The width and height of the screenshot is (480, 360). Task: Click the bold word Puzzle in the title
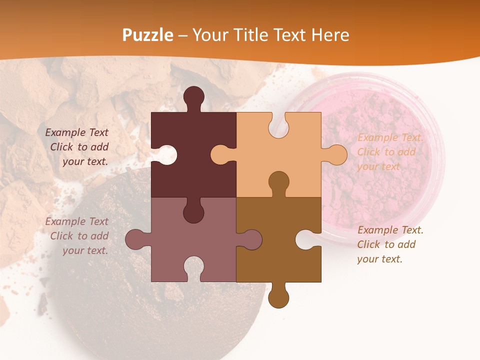[148, 35]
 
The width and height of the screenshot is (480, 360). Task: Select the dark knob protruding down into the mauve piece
[193, 211]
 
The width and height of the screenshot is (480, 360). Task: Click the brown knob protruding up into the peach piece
[278, 182]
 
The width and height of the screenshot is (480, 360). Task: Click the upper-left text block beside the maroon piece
[78, 147]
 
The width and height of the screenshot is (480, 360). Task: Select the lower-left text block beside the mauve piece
[78, 236]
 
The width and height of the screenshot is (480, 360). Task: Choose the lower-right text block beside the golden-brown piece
[390, 244]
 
